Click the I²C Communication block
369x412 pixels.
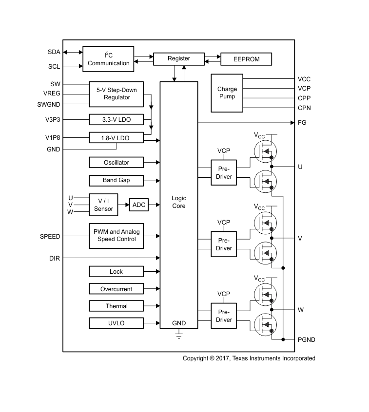click(108, 59)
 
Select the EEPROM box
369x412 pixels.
click(246, 59)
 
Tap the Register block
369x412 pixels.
click(178, 58)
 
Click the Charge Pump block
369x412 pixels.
click(227, 93)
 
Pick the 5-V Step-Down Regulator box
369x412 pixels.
click(117, 94)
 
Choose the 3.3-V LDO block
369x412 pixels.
click(117, 119)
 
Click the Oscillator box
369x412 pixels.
click(117, 162)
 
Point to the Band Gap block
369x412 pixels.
click(117, 180)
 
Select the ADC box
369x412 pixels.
click(139, 205)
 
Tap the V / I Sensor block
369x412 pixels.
click(103, 205)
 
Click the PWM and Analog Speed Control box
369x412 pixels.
click(117, 236)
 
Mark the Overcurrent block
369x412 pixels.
click(117, 289)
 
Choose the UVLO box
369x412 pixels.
click(117, 323)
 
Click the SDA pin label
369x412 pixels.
click(54, 52)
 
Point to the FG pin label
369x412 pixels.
click(302, 123)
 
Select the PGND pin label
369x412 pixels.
click(307, 339)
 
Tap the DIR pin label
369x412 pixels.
click(55, 258)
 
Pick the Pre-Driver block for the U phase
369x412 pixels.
click(224, 173)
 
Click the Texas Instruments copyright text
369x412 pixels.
click(249, 358)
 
